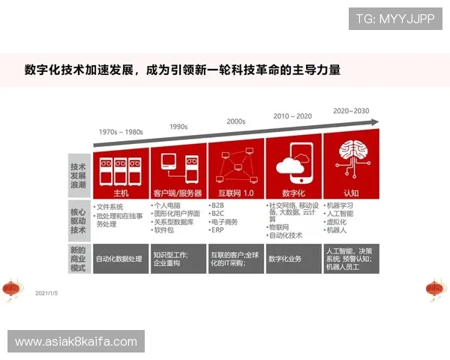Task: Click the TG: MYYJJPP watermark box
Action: tap(394, 18)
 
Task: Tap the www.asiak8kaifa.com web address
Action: tap(77, 342)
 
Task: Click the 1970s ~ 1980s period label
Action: tap(121, 132)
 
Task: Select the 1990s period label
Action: tap(178, 126)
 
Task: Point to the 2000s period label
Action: tap(235, 121)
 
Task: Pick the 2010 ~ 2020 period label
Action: tap(292, 116)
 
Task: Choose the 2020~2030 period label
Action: tap(351, 111)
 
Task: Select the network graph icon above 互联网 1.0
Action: tap(236, 164)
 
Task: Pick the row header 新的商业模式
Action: tap(78, 257)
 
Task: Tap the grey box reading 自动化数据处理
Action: tap(121, 258)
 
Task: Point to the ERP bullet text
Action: tap(218, 230)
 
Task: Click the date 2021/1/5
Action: tap(46, 293)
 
